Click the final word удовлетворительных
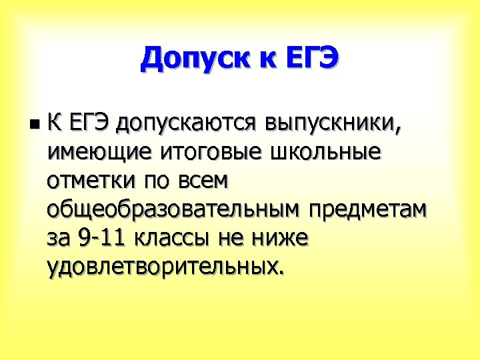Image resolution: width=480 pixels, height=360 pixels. click(164, 267)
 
